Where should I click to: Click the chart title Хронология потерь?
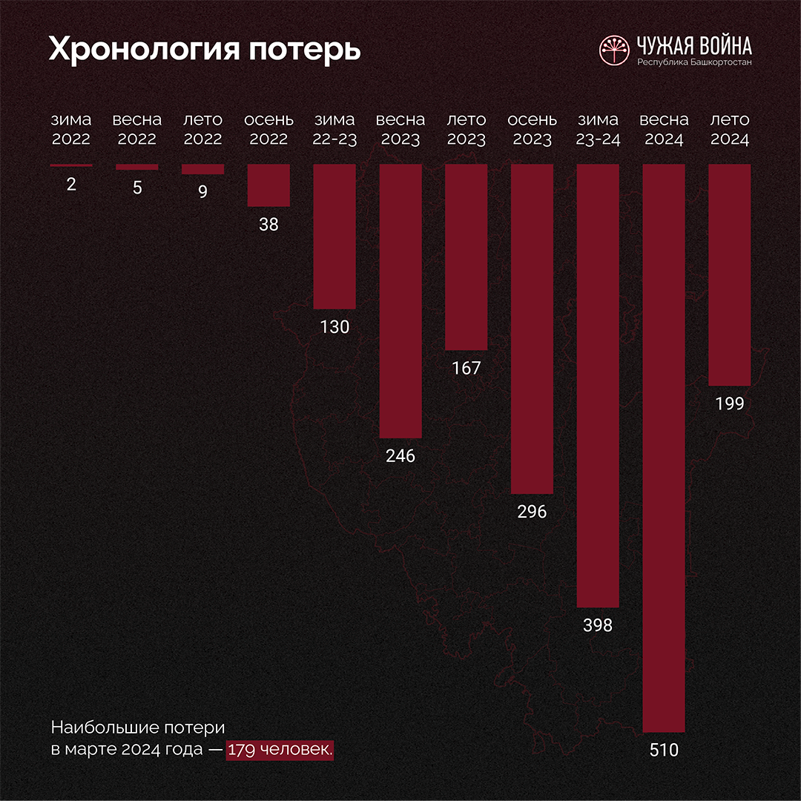tap(205, 49)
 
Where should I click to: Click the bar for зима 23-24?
tap(598, 386)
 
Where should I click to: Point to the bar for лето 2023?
tap(466, 257)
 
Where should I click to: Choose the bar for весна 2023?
tap(400, 300)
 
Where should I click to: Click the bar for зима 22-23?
tap(334, 236)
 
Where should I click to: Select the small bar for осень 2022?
tap(268, 185)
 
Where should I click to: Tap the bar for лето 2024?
tap(730, 274)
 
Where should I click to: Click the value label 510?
tap(664, 750)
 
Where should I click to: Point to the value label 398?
tap(598, 625)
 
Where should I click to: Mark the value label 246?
tap(400, 455)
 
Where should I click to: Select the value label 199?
tap(730, 403)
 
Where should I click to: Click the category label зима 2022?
tap(71, 129)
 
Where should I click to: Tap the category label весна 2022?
tap(137, 129)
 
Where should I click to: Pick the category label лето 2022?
tap(202, 129)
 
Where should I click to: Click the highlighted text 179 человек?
tap(280, 749)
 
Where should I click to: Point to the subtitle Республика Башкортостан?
tap(694, 62)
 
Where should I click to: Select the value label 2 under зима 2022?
tap(71, 185)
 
